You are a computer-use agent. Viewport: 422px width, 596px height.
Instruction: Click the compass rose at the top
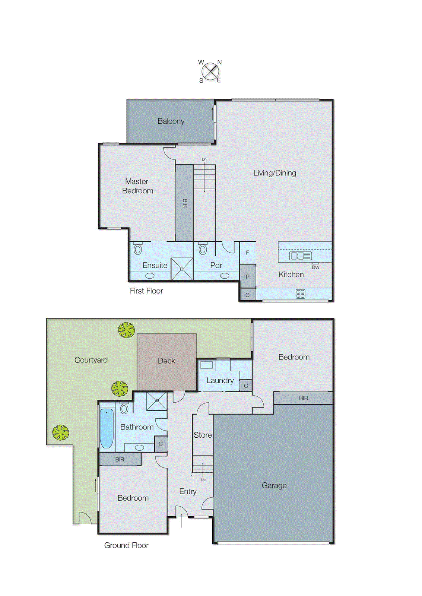pos(210,71)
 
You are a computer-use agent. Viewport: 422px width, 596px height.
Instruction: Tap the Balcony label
pos(171,121)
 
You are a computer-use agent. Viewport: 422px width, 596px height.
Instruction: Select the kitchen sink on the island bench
pos(300,256)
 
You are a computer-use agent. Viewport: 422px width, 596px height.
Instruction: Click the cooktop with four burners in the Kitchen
pos(300,294)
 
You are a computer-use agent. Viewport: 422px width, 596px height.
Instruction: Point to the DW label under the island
pos(315,267)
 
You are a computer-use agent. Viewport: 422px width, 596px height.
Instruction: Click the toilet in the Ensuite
pos(138,249)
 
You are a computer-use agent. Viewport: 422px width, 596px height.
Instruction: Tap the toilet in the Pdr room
pos(203,249)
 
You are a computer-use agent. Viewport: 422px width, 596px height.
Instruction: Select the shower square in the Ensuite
pos(182,269)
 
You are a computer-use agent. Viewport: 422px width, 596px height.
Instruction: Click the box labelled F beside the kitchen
pos(247,253)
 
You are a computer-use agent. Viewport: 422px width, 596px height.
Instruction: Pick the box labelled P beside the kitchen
pos(247,276)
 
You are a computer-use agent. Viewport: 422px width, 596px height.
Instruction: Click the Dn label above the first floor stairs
pos(204,159)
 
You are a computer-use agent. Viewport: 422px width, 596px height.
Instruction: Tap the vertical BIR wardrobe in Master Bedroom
pos(184,203)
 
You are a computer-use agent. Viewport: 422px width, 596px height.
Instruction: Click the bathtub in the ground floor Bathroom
pos(107,428)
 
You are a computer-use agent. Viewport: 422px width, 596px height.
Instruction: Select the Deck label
pos(166,361)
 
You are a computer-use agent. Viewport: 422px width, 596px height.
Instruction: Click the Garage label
pos(274,485)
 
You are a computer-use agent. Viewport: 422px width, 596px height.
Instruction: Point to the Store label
pos(203,435)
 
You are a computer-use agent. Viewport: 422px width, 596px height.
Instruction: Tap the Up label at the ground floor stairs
pos(203,480)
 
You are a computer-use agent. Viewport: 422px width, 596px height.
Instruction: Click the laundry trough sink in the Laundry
pos(207,365)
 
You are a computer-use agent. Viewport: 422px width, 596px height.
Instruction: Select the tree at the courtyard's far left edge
pos(60,432)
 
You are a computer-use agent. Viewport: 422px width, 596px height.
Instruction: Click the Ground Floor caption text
pos(126,545)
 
